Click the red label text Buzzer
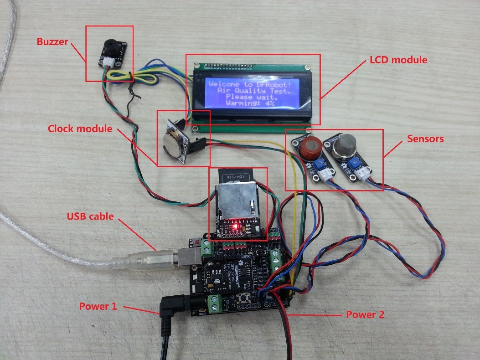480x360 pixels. tap(52, 42)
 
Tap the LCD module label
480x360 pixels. tap(397, 60)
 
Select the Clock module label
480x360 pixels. tap(80, 129)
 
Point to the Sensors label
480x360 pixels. tap(425, 139)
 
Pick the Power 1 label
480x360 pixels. tap(98, 307)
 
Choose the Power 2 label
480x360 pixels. tap(365, 314)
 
